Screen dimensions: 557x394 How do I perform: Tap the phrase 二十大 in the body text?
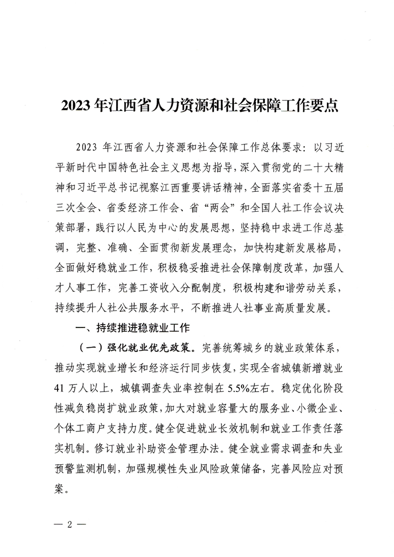[x=302, y=168]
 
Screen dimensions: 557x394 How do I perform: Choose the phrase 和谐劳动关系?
[x=298, y=287]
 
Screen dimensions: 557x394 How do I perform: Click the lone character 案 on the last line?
[x=63, y=485]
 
